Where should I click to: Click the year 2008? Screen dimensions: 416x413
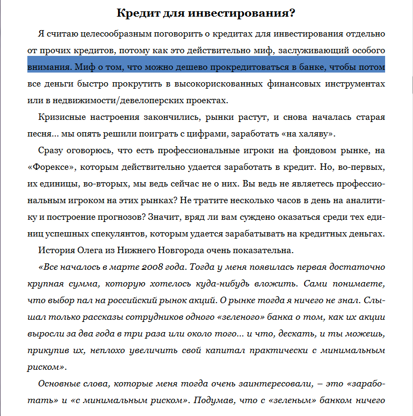144,267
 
